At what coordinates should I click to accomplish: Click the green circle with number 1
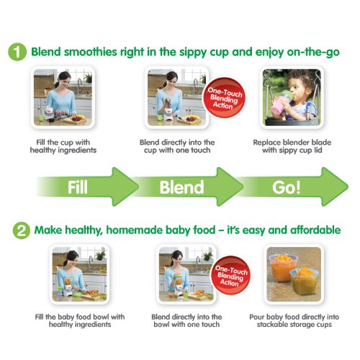click(x=17, y=52)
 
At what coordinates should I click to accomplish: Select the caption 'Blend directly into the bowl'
click(x=186, y=320)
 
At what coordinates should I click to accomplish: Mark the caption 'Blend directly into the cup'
click(x=177, y=146)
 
